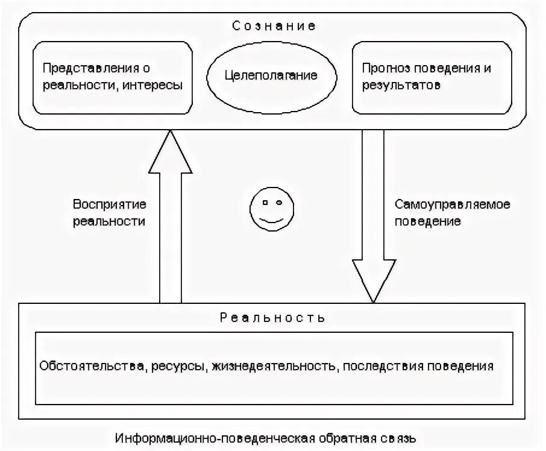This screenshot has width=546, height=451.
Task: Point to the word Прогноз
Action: tap(384, 68)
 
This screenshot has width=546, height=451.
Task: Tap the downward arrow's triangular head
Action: tap(374, 280)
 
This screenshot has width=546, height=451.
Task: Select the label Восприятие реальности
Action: tap(109, 212)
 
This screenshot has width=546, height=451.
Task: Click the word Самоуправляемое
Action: tap(453, 204)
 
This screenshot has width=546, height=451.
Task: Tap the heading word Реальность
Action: tap(273, 317)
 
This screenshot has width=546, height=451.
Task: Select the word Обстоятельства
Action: tap(92, 366)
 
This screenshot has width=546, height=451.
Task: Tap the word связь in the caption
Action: tap(399, 437)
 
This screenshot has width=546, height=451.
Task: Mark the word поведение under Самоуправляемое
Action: tap(428, 221)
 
